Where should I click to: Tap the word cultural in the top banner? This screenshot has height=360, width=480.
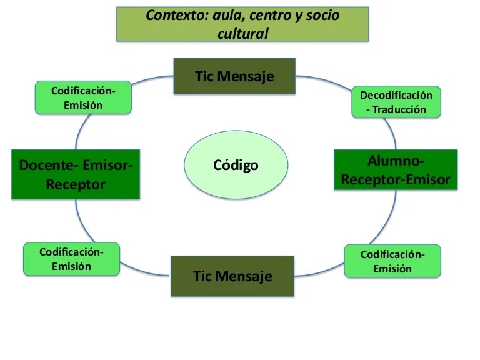(242, 34)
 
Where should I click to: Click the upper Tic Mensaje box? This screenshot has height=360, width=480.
(234, 76)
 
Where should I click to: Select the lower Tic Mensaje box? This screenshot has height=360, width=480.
(232, 276)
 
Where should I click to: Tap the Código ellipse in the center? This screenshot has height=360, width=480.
(236, 165)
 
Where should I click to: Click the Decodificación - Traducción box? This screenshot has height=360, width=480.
(396, 102)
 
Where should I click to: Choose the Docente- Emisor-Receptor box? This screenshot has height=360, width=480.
(76, 174)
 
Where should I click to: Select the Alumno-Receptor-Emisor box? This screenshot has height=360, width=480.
(395, 170)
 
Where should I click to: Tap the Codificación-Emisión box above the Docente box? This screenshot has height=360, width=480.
(83, 97)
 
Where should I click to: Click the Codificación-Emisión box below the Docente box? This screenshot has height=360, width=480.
(71, 259)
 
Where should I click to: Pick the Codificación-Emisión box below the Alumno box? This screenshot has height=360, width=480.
(392, 261)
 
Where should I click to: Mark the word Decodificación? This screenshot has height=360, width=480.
(396, 95)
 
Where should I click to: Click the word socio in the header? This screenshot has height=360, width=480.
(322, 16)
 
